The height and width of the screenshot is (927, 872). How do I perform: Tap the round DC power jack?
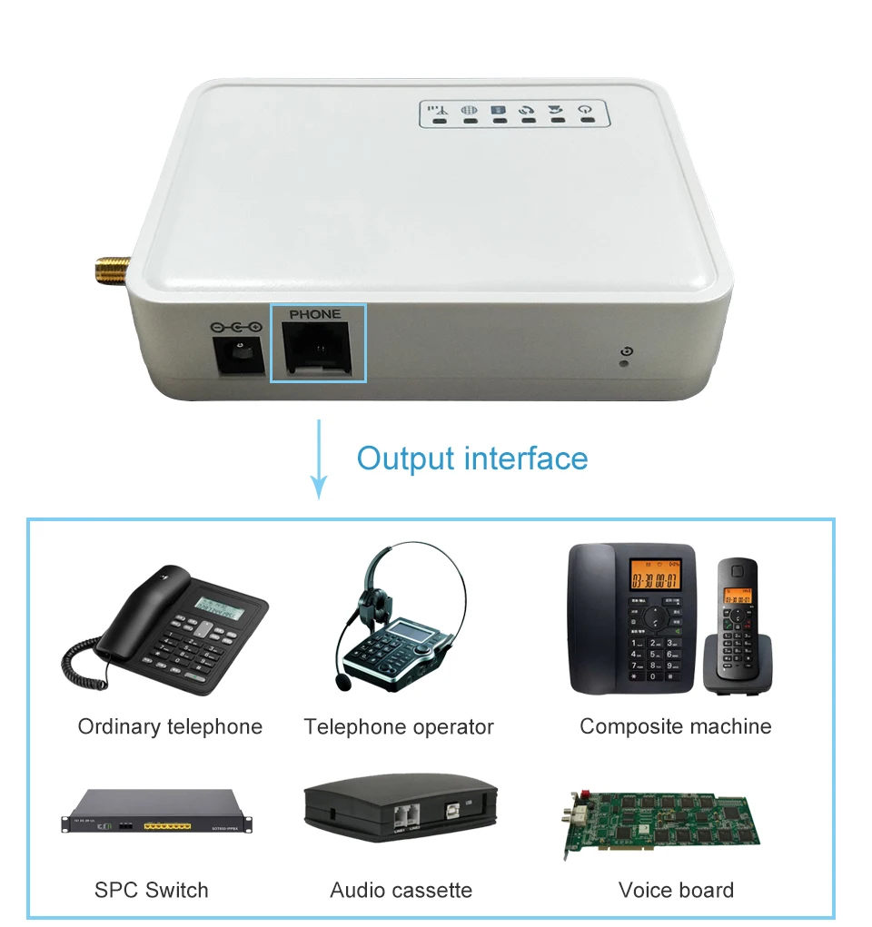click(239, 356)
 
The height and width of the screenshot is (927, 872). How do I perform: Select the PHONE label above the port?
click(315, 314)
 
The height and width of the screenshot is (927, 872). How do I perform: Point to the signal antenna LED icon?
click(438, 110)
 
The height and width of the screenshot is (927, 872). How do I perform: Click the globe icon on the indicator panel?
click(469, 110)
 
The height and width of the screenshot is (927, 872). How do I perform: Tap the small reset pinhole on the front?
click(624, 365)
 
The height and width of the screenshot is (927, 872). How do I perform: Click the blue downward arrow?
click(318, 459)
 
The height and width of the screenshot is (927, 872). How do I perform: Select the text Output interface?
click(471, 458)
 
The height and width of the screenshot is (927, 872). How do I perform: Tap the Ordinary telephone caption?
click(170, 726)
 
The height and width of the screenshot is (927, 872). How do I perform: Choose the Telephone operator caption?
click(399, 726)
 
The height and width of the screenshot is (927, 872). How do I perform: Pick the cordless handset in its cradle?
click(737, 626)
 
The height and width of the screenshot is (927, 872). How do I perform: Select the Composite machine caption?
click(675, 726)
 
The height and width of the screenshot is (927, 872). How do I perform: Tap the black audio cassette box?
click(401, 805)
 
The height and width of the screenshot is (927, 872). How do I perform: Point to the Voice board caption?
click(676, 890)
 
